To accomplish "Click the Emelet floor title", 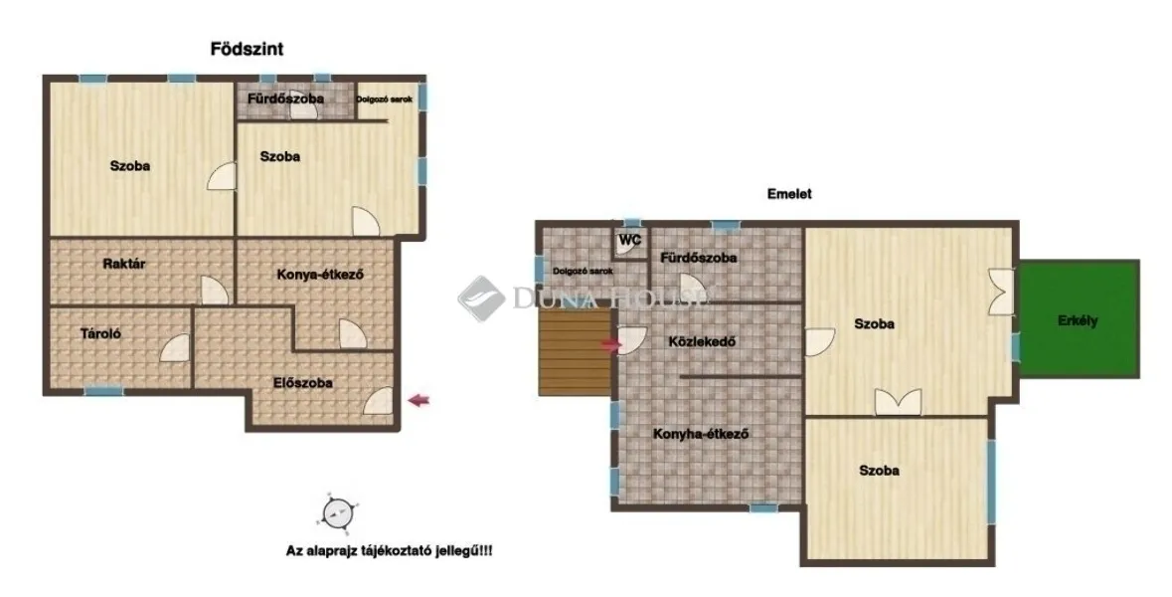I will (789, 195).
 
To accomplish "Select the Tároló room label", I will (100, 334).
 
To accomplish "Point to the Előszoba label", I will (302, 382).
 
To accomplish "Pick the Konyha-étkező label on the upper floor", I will (700, 434).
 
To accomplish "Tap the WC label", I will (629, 241).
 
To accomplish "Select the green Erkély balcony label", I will (1079, 321).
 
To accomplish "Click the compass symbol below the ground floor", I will (335, 512).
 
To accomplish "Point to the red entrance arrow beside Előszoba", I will (420, 400).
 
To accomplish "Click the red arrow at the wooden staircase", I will (610, 345).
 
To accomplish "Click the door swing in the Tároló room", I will (173, 348).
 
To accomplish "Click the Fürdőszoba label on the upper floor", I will (699, 258).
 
